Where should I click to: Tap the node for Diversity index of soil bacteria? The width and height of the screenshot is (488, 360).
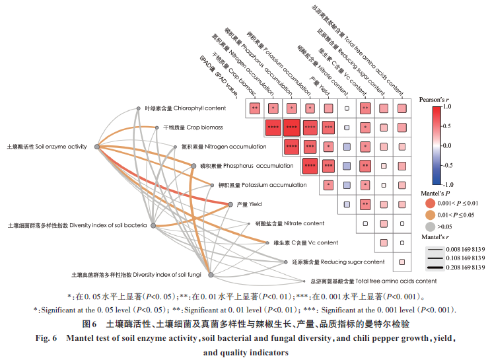(x=153, y=226)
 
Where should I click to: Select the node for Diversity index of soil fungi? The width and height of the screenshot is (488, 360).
(x=210, y=274)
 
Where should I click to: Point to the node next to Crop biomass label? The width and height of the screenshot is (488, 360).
(x=157, y=127)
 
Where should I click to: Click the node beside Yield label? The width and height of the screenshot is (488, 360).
(x=230, y=205)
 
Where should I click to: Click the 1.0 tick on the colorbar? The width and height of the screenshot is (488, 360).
(x=447, y=106)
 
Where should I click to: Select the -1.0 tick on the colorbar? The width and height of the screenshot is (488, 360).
(x=448, y=184)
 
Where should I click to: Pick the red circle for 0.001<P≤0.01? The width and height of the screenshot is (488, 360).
(x=430, y=203)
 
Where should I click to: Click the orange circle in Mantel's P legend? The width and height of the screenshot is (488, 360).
(x=430, y=216)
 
